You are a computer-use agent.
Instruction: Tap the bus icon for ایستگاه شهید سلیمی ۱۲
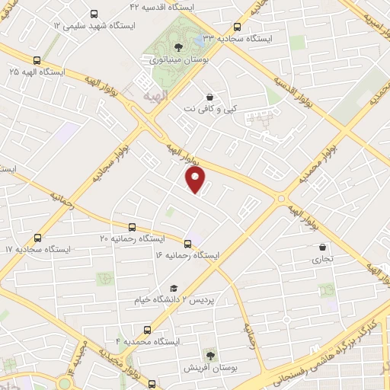[x=94, y=14]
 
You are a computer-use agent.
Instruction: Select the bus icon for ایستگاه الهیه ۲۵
[x=37, y=61]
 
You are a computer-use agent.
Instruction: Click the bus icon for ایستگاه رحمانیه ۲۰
[x=133, y=227]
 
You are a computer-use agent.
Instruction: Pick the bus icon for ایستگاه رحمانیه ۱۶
[x=188, y=244]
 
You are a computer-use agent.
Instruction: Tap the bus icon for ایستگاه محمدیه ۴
[x=148, y=331]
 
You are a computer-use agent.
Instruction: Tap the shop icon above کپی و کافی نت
[x=210, y=97]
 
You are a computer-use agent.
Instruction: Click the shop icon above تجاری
[x=324, y=248]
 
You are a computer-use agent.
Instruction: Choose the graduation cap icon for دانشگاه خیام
[x=174, y=288]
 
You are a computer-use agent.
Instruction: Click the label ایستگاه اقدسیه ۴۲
[x=163, y=6]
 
